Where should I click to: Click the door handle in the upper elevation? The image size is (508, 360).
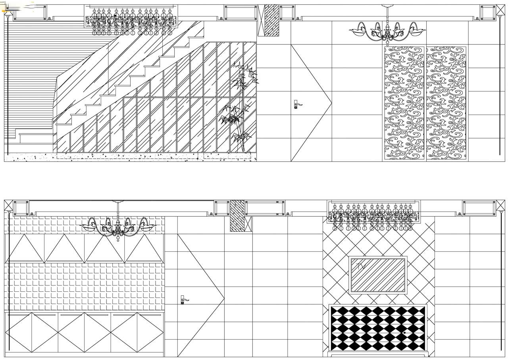[x=298, y=104]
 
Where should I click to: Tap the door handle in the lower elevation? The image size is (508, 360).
[x=184, y=300]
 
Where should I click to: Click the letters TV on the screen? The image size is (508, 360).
[x=361, y=266]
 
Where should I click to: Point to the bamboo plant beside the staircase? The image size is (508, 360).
[x=239, y=107]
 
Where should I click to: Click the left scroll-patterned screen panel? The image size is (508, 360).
[x=404, y=103]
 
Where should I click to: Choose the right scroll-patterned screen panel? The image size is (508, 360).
[x=446, y=103]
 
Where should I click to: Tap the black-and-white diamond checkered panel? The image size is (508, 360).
[x=378, y=329]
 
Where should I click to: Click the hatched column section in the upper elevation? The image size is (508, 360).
[x=272, y=20]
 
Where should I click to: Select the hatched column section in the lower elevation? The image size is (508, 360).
[x=237, y=216]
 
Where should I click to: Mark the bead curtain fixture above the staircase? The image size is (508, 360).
[x=131, y=20]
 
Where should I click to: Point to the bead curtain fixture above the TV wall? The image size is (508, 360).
[x=374, y=216]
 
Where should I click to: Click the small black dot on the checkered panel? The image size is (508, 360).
[x=404, y=333]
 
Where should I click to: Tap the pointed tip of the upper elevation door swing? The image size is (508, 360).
[x=331, y=103]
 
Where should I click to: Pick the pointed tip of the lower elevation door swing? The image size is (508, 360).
[x=224, y=299]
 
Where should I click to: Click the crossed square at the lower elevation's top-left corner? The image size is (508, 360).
[x=9, y=205]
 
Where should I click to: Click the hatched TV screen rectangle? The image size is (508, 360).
[x=378, y=275]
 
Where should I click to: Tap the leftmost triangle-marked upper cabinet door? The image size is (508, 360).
[x=25, y=248]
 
